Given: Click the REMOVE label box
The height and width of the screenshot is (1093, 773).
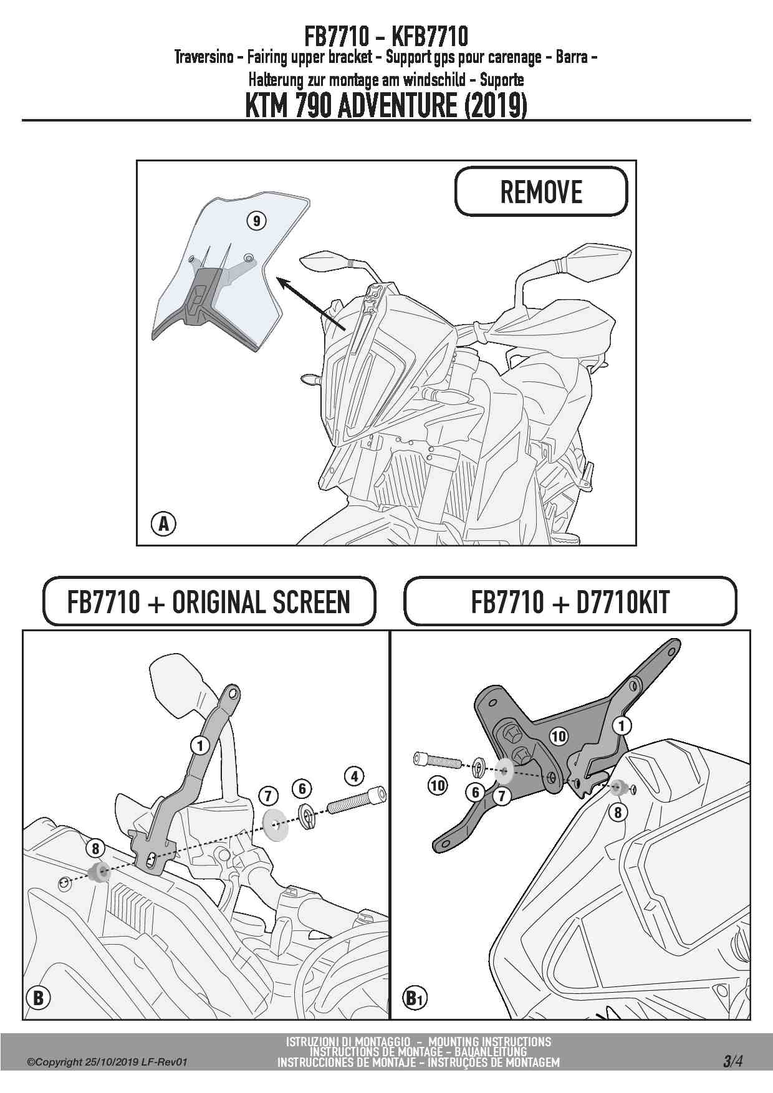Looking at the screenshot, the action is click(x=541, y=191).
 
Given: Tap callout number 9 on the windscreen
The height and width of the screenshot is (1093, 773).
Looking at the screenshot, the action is click(x=256, y=221).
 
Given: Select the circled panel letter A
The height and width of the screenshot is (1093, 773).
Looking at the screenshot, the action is click(x=163, y=524).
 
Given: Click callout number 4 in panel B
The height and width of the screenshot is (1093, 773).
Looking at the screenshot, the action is click(x=354, y=776).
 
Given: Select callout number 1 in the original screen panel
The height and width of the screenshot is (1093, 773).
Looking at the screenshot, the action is click(x=200, y=745).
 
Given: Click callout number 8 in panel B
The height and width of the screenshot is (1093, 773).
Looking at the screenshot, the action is click(x=95, y=848).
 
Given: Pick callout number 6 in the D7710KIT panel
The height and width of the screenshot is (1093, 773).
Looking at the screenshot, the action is click(x=476, y=792).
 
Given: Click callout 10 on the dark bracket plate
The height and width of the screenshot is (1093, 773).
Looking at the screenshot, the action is click(x=558, y=737).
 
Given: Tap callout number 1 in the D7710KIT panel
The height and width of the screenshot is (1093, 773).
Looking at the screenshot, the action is click(x=622, y=726).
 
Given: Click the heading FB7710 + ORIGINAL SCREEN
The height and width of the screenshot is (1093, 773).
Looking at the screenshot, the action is click(x=209, y=602).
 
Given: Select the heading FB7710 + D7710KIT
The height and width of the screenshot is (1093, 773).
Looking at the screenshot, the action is click(x=570, y=602).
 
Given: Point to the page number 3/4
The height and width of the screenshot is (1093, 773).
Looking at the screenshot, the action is click(x=732, y=1061).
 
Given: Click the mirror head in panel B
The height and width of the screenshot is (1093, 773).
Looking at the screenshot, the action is click(x=176, y=681).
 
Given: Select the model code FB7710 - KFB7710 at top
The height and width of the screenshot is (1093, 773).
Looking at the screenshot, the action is click(x=386, y=36).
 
